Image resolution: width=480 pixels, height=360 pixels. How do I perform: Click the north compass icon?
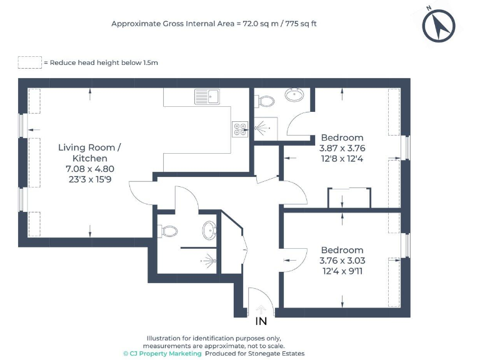(x=439, y=26)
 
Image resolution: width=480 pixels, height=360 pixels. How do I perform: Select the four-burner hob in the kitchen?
(x=240, y=129)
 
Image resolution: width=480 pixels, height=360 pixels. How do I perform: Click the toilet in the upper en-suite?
(x=265, y=100)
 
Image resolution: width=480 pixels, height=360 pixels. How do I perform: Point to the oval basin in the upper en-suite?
(x=294, y=95)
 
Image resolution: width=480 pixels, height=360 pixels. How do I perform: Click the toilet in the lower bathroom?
(x=167, y=231)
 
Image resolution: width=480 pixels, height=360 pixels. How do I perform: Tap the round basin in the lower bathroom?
(x=209, y=231)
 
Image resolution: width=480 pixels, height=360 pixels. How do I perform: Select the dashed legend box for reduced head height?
(x=29, y=62)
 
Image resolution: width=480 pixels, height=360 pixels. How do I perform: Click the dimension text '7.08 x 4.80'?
(x=90, y=169)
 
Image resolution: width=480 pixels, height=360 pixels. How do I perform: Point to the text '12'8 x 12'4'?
(x=342, y=159)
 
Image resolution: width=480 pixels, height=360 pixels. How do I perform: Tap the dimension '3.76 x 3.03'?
(x=342, y=261)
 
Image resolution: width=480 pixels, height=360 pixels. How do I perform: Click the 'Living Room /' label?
(x=90, y=147)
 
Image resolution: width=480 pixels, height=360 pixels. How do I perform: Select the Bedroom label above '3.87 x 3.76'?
(x=342, y=137)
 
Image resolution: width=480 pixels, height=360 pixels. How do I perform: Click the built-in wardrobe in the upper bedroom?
(x=349, y=198)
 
